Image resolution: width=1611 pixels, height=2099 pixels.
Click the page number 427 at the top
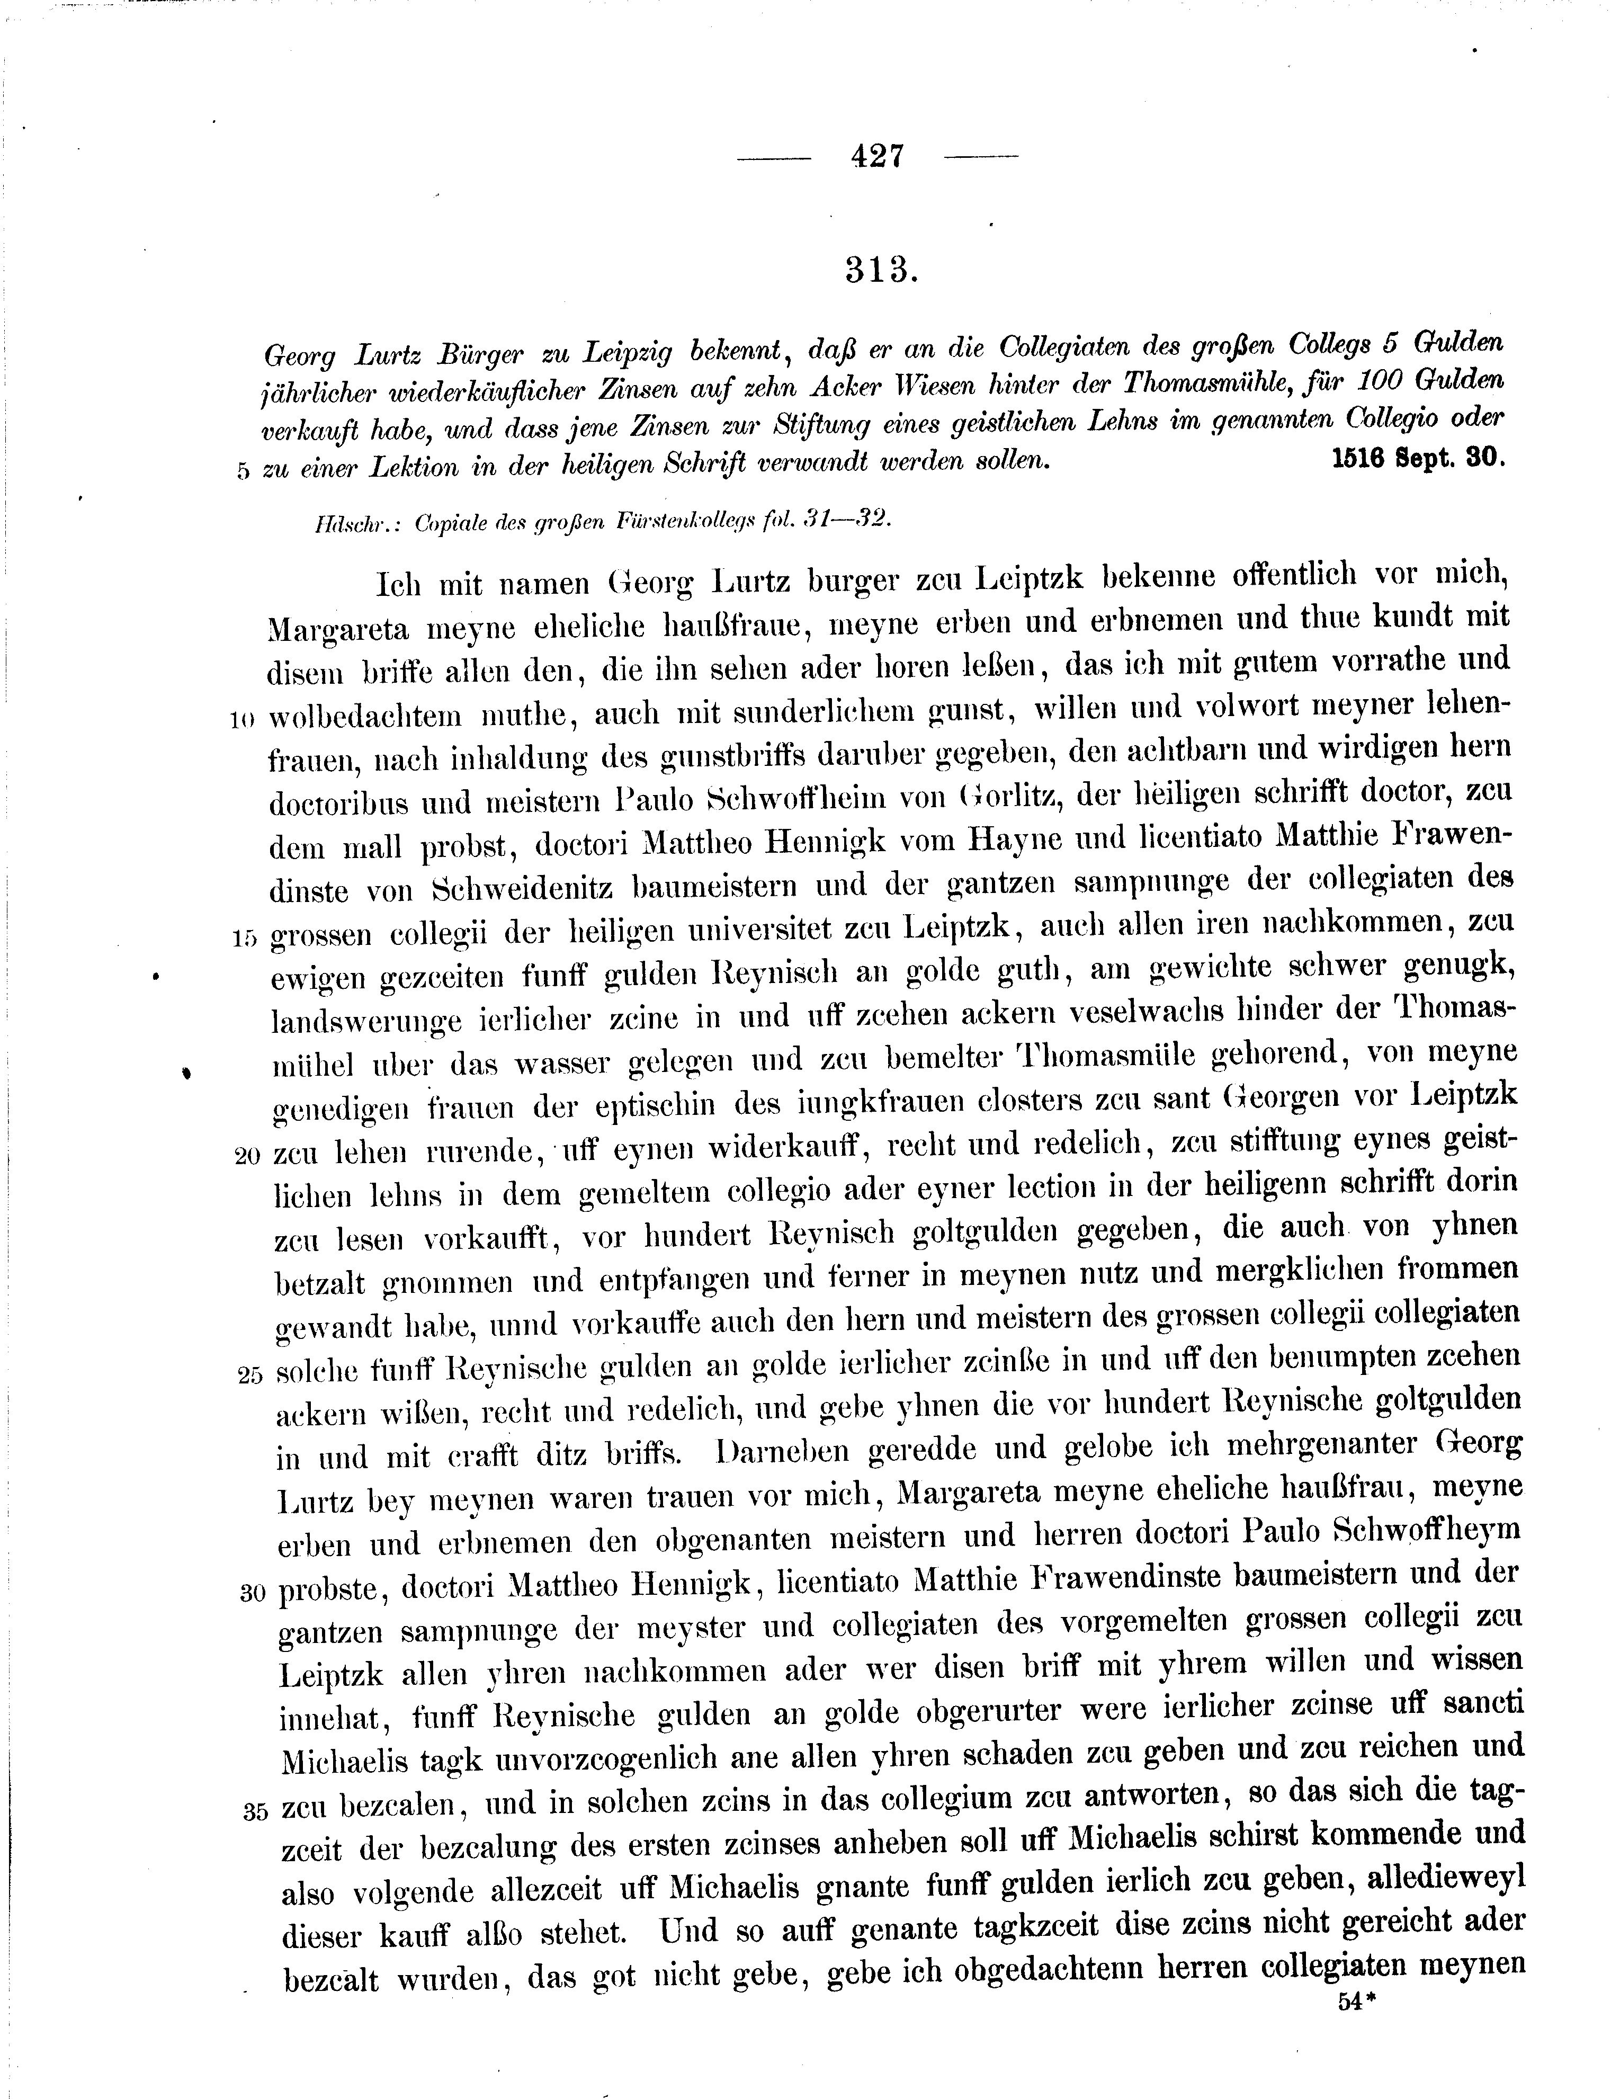pyautogui.click(x=876, y=155)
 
